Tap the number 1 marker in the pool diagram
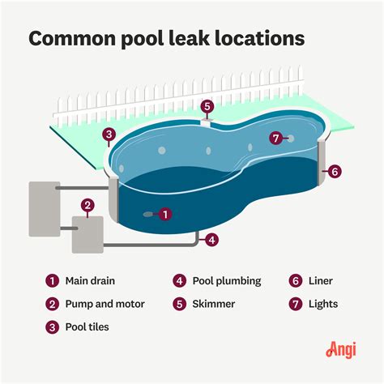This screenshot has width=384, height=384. (x=165, y=215)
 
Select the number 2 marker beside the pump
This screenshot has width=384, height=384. (x=88, y=206)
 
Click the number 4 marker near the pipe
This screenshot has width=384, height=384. (x=211, y=239)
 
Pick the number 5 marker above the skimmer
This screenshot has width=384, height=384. (x=207, y=106)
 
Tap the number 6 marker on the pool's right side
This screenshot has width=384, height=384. (x=335, y=171)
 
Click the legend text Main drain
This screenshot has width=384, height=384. (x=91, y=281)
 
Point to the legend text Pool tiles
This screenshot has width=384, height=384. (x=87, y=327)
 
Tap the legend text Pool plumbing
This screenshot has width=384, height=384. (x=227, y=281)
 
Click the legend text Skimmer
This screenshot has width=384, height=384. (x=215, y=304)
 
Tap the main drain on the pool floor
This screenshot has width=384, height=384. (x=147, y=215)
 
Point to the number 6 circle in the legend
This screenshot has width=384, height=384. (x=295, y=281)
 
